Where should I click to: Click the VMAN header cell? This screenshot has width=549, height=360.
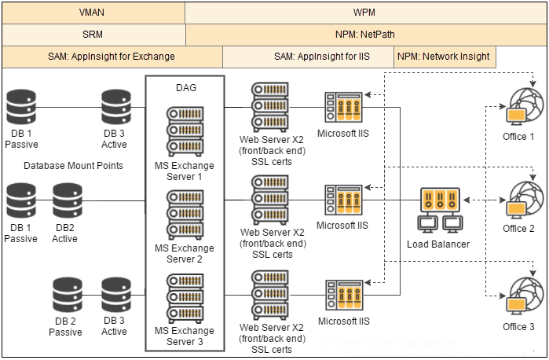(93, 13)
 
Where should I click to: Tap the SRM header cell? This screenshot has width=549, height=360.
(93, 35)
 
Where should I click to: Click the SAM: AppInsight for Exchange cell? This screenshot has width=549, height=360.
(113, 57)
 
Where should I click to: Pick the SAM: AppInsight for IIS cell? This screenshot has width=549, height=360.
(309, 57)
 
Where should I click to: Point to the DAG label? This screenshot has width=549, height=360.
(186, 88)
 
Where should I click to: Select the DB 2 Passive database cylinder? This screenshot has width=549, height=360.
(67, 295)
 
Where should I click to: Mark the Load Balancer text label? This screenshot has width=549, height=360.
(438, 244)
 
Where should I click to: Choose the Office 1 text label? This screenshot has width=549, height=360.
(518, 137)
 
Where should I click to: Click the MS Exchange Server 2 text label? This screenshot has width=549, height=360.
(185, 254)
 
